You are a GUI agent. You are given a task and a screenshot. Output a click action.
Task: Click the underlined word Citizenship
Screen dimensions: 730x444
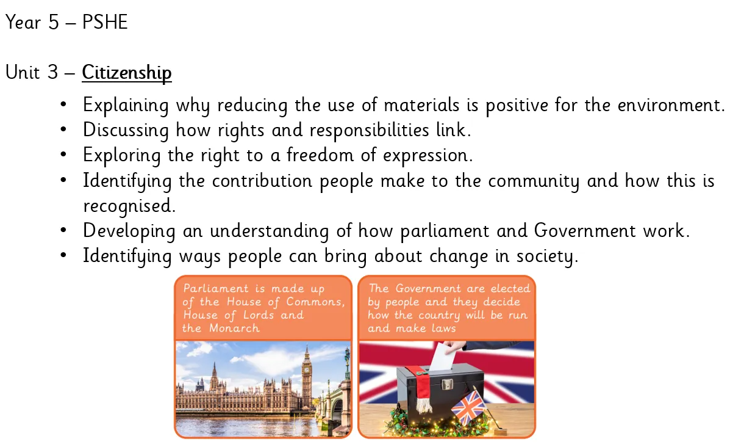tap(127, 73)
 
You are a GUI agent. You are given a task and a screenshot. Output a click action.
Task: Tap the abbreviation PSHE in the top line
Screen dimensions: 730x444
tap(105, 23)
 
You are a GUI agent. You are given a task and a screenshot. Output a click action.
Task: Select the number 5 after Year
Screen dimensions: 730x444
tap(54, 23)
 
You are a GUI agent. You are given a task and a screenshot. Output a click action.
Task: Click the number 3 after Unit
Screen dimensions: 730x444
tap(52, 72)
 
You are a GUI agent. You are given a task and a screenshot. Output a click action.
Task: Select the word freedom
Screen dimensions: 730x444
tap(320, 155)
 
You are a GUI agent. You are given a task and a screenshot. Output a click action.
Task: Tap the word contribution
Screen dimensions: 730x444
tap(262, 181)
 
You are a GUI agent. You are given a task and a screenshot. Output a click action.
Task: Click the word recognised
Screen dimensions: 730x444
tap(128, 206)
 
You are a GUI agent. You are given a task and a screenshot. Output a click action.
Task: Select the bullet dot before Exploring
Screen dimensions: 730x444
tap(64, 155)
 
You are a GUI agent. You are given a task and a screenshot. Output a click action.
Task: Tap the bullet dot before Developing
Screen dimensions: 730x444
tap(64, 230)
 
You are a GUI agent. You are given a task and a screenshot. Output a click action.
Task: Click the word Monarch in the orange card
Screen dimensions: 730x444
tap(234, 329)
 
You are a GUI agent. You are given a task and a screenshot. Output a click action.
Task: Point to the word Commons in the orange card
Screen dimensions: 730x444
tap(315, 302)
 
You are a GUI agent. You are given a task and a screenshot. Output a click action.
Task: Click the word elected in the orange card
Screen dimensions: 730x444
tap(510, 289)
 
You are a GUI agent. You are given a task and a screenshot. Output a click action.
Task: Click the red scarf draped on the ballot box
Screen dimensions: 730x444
tap(423, 388)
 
